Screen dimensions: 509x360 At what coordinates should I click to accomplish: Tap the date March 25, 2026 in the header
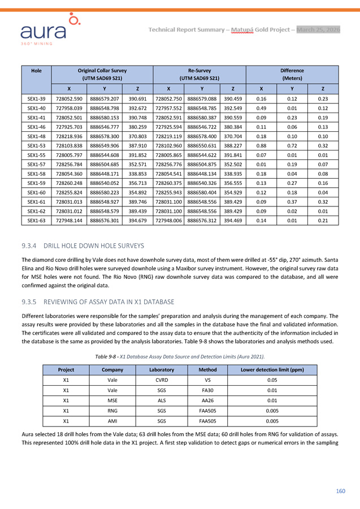318,29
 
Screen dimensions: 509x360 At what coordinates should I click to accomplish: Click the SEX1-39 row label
37,98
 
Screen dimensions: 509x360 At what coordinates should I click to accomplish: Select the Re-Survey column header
199,74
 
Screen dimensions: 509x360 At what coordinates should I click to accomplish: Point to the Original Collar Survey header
102,74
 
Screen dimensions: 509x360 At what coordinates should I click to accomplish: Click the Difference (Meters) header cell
292,74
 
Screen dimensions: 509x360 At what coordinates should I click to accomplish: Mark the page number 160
340,490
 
